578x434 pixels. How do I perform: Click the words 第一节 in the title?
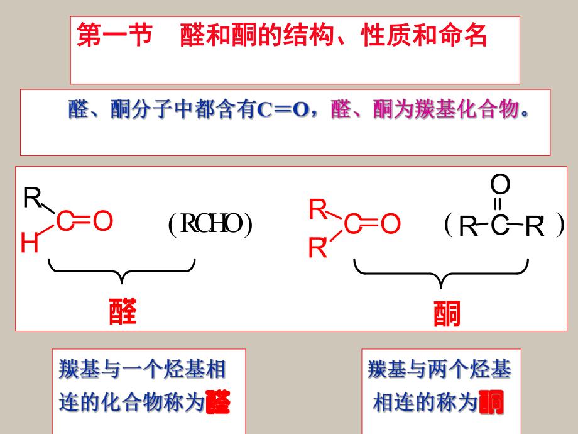(x=114, y=36)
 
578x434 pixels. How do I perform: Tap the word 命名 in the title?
(x=464, y=36)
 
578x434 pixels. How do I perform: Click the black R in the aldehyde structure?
(x=31, y=198)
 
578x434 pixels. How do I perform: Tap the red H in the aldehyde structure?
(x=29, y=243)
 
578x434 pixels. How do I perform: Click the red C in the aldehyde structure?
(x=65, y=221)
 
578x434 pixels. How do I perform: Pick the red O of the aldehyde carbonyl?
(x=103, y=221)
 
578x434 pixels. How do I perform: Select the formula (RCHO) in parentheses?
(x=210, y=225)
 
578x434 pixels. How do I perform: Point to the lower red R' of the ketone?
(x=319, y=250)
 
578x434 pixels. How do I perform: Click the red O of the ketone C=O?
(x=390, y=225)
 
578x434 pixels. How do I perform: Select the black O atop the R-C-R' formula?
(x=500, y=186)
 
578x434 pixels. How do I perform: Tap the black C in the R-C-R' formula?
(x=499, y=226)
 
